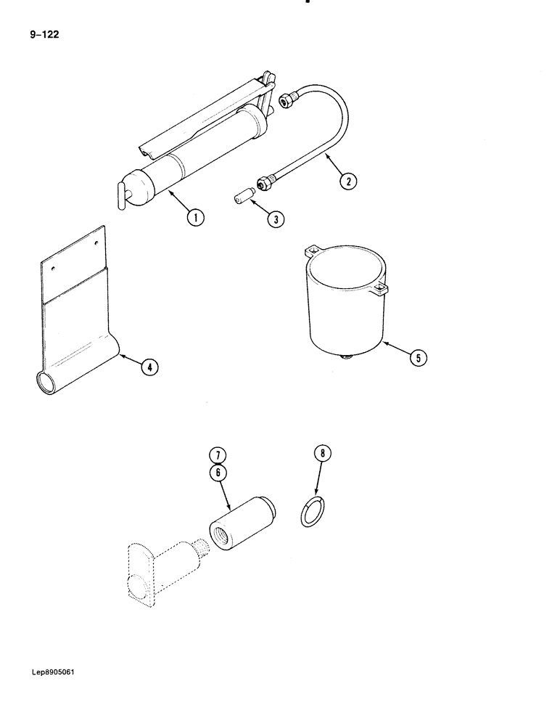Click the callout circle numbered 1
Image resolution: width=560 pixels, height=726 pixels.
[194, 216]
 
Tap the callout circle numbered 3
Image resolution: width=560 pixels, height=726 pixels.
[275, 219]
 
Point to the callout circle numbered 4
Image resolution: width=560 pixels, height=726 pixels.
[148, 367]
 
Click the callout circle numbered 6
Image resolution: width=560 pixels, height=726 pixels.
[218, 471]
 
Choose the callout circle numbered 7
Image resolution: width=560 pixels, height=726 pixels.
[218, 456]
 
